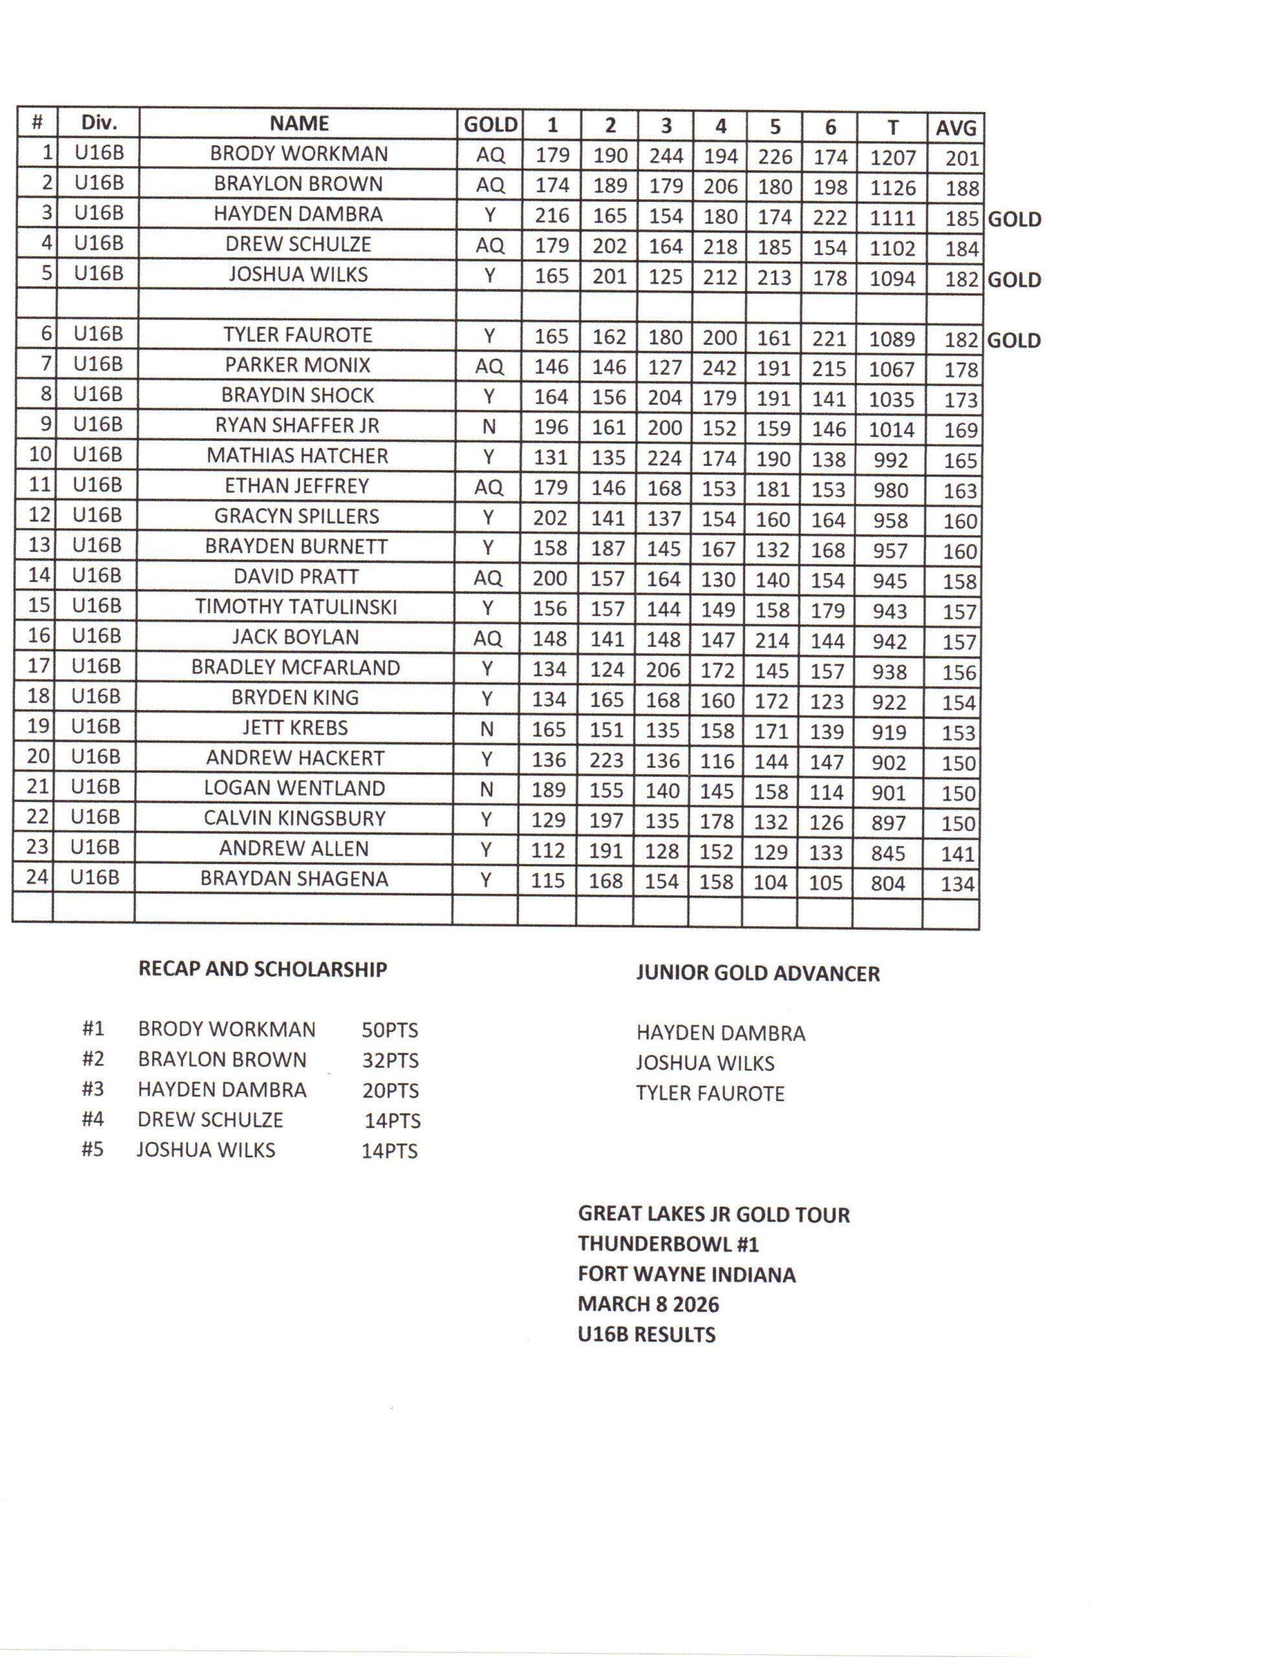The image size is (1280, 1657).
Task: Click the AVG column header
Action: [955, 127]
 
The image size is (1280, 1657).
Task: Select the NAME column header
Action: [299, 124]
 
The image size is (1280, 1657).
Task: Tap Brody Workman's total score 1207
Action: [892, 158]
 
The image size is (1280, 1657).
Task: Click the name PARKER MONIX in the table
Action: [298, 365]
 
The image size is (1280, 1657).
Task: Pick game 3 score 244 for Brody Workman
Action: [665, 156]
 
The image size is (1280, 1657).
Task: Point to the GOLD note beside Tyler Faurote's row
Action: [1013, 340]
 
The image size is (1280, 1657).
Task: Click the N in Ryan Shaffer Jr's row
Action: [489, 427]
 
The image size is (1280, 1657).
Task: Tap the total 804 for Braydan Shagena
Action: [887, 883]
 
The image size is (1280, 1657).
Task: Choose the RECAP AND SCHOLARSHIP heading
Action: [263, 969]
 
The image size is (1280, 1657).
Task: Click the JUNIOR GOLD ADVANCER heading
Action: [757, 973]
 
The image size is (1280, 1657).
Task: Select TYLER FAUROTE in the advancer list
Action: [710, 1093]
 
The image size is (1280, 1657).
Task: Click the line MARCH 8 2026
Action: [648, 1304]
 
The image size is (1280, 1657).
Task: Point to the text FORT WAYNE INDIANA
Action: [687, 1274]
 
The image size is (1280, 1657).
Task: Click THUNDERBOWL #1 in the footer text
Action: [668, 1243]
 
